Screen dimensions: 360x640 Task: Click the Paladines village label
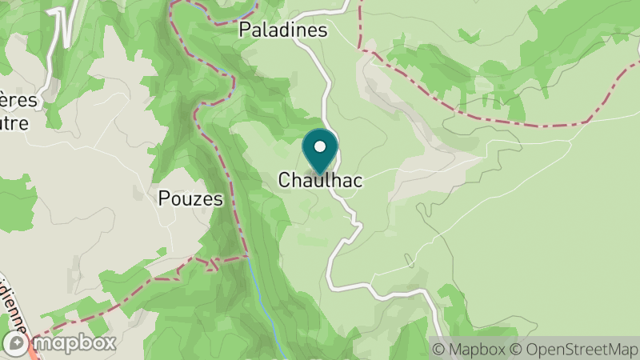(x=283, y=30)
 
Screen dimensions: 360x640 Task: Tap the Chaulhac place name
(x=320, y=181)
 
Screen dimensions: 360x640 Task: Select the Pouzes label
(x=190, y=199)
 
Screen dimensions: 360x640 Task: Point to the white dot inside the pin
(x=320, y=146)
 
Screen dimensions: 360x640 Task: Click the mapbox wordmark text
(x=75, y=343)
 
